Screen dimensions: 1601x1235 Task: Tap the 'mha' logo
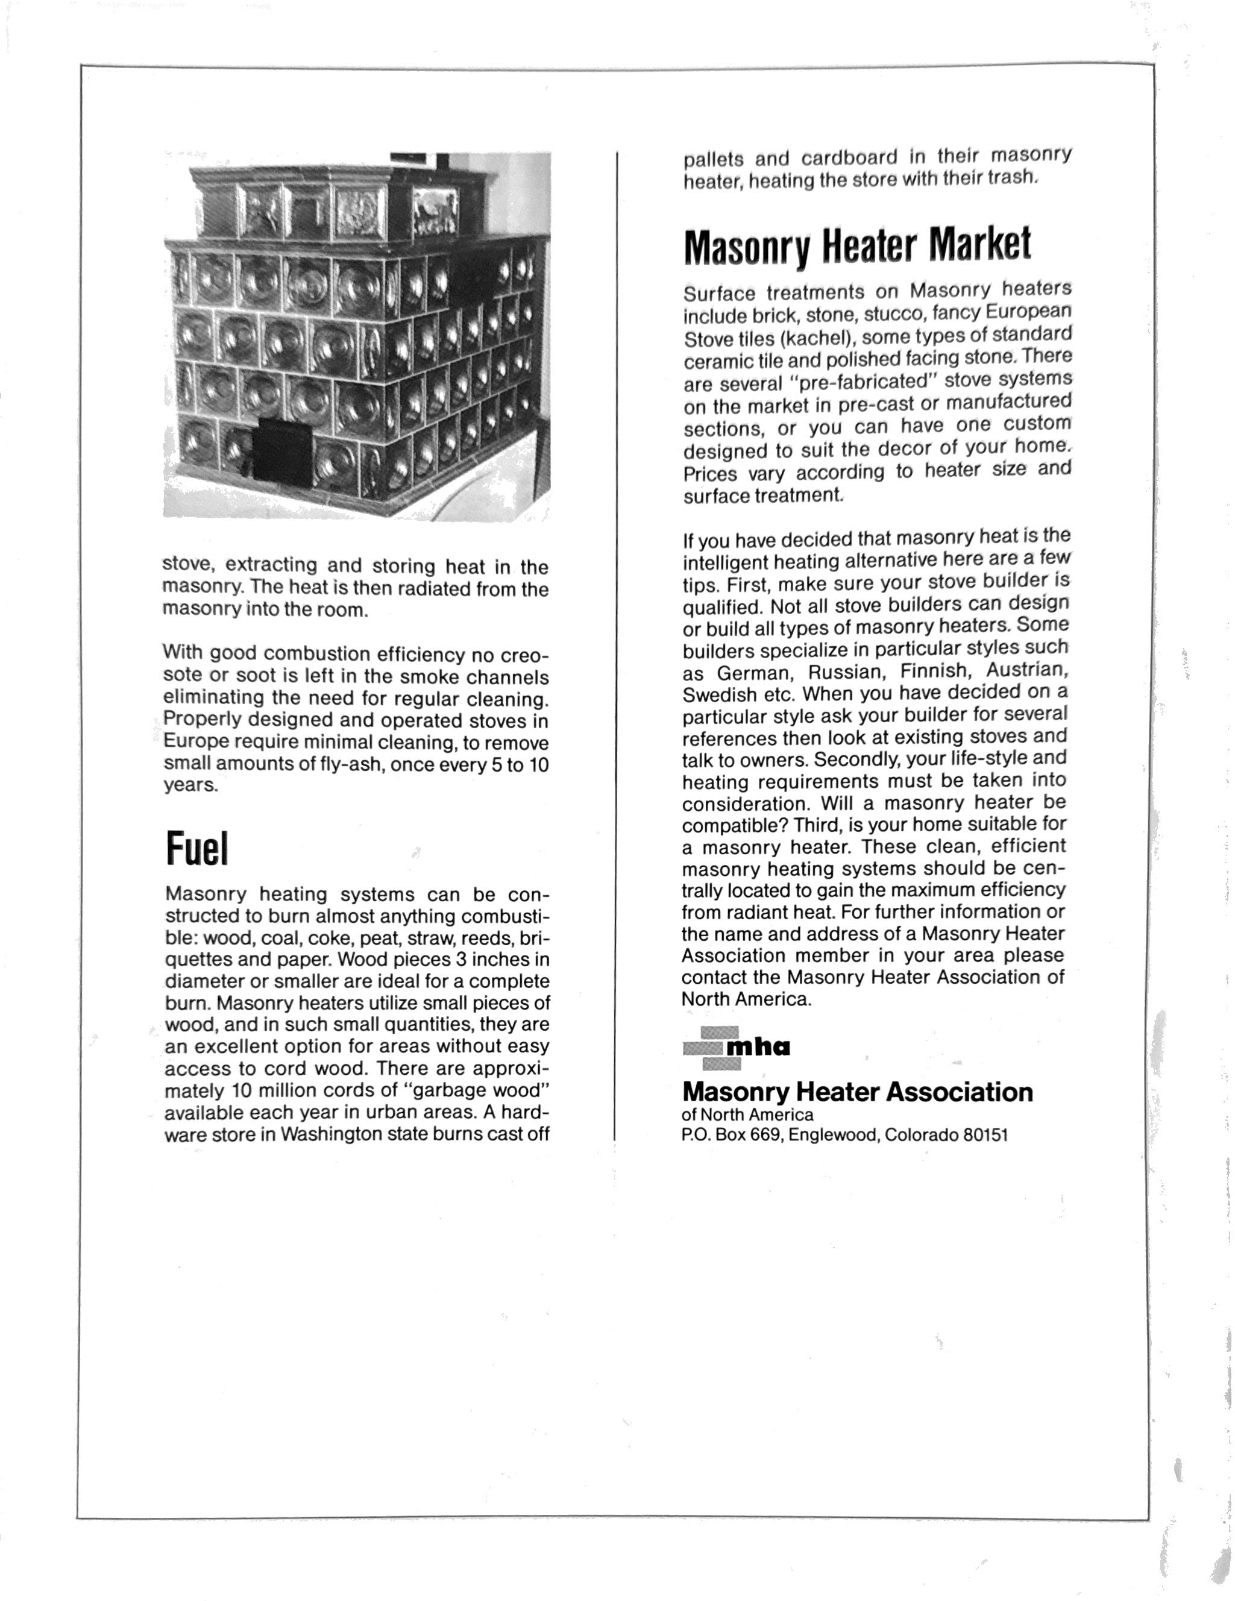pos(736,1048)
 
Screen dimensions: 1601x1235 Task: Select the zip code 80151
pos(985,1136)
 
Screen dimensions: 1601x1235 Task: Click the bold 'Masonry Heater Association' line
pos(857,1092)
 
